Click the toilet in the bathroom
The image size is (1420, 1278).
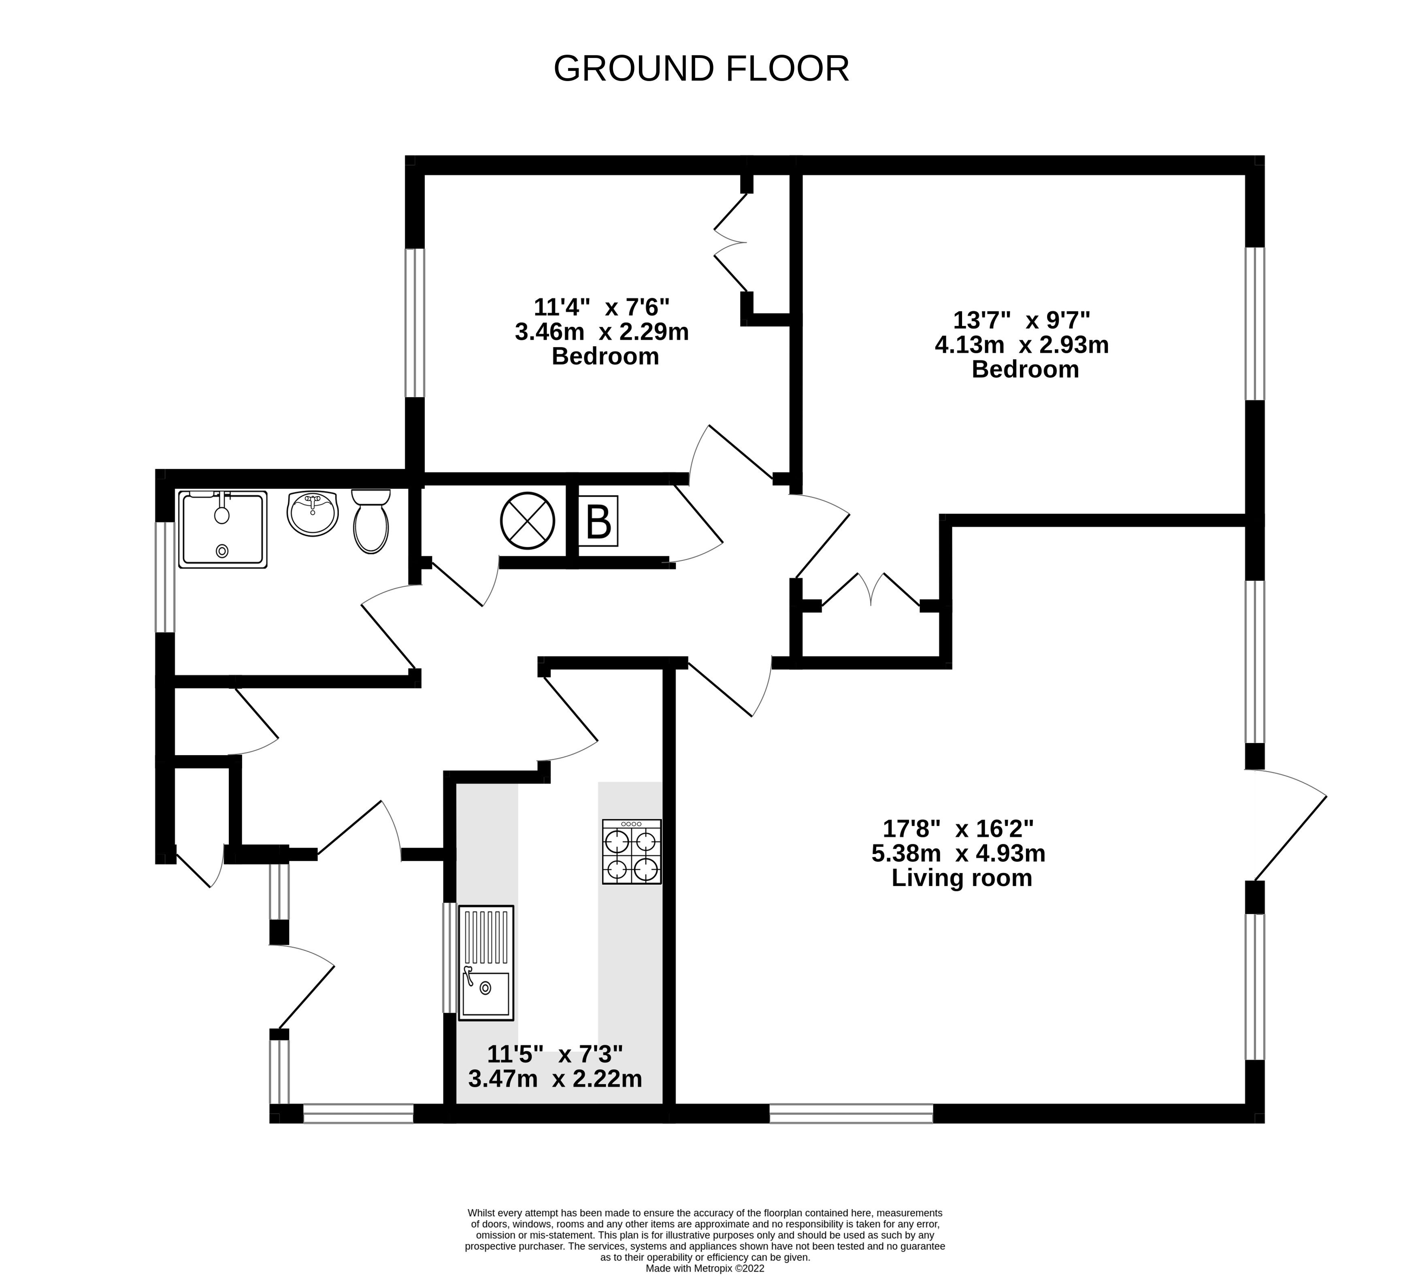(x=371, y=521)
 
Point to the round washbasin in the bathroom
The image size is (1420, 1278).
(x=313, y=514)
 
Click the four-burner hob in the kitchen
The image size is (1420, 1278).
(x=631, y=851)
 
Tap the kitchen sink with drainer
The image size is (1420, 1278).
(x=486, y=963)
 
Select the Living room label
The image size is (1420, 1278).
(x=961, y=878)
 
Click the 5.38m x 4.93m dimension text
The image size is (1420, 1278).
(x=958, y=853)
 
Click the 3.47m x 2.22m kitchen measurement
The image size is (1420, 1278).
(x=555, y=1078)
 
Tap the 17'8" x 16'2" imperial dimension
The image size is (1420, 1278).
(x=958, y=829)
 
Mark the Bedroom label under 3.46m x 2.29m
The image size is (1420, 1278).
(x=605, y=356)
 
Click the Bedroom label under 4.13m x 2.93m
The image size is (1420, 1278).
(x=1025, y=369)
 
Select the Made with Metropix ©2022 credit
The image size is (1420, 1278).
(x=705, y=1269)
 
